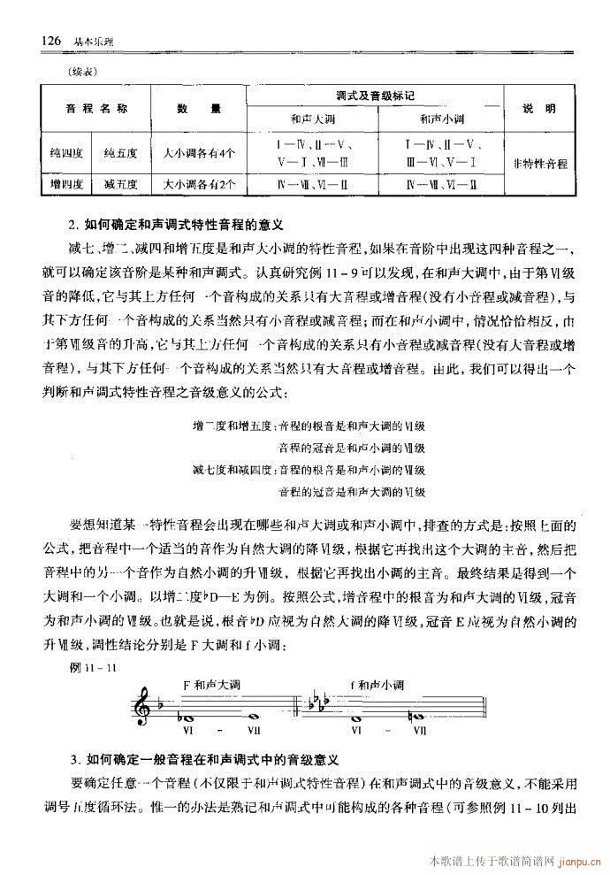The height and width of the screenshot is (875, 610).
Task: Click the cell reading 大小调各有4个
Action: (x=199, y=152)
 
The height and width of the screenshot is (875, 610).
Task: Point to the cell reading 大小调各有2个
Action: (x=199, y=185)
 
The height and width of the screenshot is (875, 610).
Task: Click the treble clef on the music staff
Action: (x=140, y=710)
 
